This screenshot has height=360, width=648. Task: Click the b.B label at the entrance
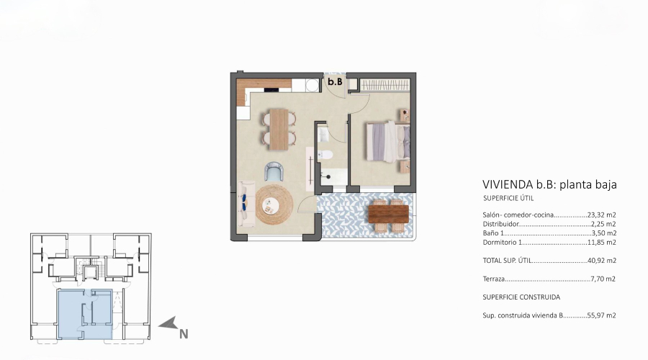coord(334,82)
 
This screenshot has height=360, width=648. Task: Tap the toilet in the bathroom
coord(325,156)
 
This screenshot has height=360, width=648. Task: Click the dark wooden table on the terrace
coord(388,212)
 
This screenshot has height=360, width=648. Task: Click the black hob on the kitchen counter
coord(277,89)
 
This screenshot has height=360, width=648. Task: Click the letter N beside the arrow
coord(184,333)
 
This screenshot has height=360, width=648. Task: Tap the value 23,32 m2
coord(601,215)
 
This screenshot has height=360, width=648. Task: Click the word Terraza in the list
coord(495,278)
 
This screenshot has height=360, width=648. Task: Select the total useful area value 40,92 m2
coord(601,260)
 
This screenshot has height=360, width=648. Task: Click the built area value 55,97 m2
coord(601,315)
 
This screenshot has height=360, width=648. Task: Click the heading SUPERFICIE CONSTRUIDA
coord(521,297)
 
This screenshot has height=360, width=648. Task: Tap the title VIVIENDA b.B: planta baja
coord(549,185)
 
